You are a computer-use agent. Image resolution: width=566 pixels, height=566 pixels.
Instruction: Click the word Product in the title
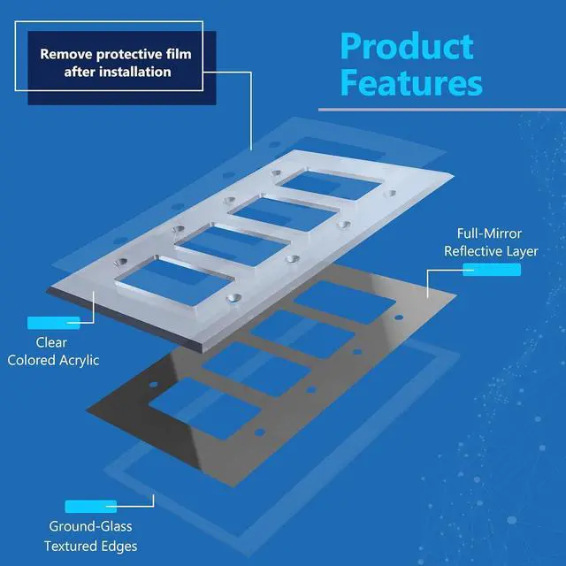[x=407, y=46]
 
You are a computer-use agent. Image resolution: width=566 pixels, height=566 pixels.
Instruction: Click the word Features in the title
[x=411, y=84]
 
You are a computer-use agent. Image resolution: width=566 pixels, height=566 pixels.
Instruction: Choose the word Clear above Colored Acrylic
[x=51, y=342]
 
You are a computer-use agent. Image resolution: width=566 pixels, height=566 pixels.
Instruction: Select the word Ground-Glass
[x=90, y=528]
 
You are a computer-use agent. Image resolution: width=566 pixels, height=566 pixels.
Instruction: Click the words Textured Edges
[x=90, y=546]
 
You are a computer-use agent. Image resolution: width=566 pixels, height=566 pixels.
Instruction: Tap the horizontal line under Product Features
[x=441, y=110]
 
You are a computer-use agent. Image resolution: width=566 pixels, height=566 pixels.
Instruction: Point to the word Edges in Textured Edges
[x=119, y=546]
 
